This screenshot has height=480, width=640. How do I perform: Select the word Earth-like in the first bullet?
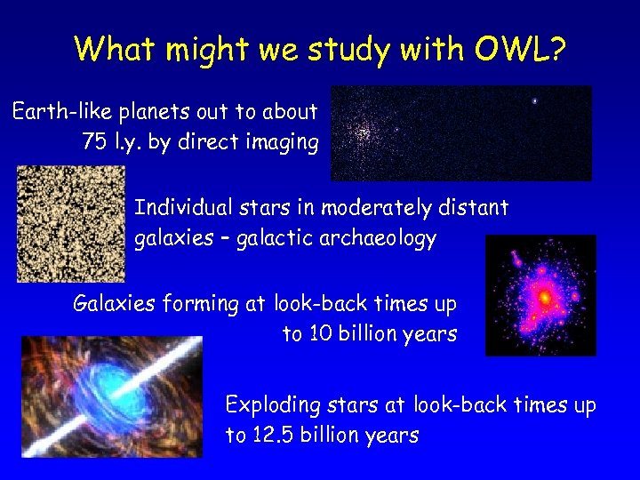56,112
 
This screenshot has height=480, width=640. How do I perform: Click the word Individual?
183,208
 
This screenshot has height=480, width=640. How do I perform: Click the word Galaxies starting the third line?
115,304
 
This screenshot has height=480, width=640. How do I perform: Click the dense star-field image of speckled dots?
70,223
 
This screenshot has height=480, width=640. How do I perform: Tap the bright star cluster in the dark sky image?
363,132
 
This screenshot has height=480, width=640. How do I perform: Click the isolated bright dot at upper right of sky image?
534,101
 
